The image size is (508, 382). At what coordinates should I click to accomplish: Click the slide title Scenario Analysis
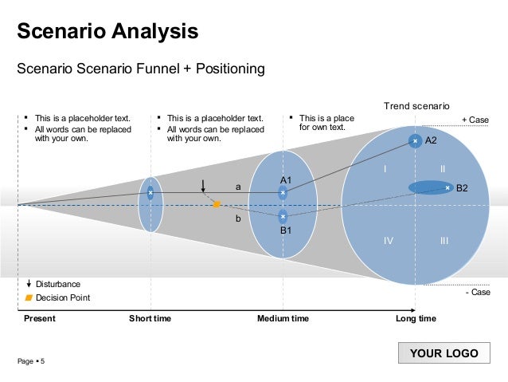(107, 33)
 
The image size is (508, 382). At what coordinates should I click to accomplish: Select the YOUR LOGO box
(444, 353)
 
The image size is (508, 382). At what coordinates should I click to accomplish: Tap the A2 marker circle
(415, 141)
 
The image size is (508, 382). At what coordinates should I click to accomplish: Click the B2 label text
(462, 188)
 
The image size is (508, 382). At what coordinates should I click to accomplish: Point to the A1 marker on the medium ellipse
(283, 192)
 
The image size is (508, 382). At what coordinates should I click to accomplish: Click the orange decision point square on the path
(216, 205)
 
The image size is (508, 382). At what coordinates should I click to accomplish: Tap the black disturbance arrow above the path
(204, 187)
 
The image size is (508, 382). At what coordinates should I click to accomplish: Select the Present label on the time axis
(40, 319)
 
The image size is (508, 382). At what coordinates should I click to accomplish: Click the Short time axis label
(150, 319)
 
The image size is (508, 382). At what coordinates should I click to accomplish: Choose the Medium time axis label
(283, 319)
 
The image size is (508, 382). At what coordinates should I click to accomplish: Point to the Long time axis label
(416, 319)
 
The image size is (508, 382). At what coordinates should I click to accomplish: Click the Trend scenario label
(416, 105)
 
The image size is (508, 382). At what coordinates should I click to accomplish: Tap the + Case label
(475, 120)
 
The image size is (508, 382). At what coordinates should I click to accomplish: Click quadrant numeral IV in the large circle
(389, 240)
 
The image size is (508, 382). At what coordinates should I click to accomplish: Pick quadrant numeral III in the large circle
(444, 240)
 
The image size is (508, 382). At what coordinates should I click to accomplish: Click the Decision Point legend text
(63, 297)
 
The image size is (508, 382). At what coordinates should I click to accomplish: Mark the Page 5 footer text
(32, 362)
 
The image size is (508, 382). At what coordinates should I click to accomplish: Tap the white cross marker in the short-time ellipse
(150, 192)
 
